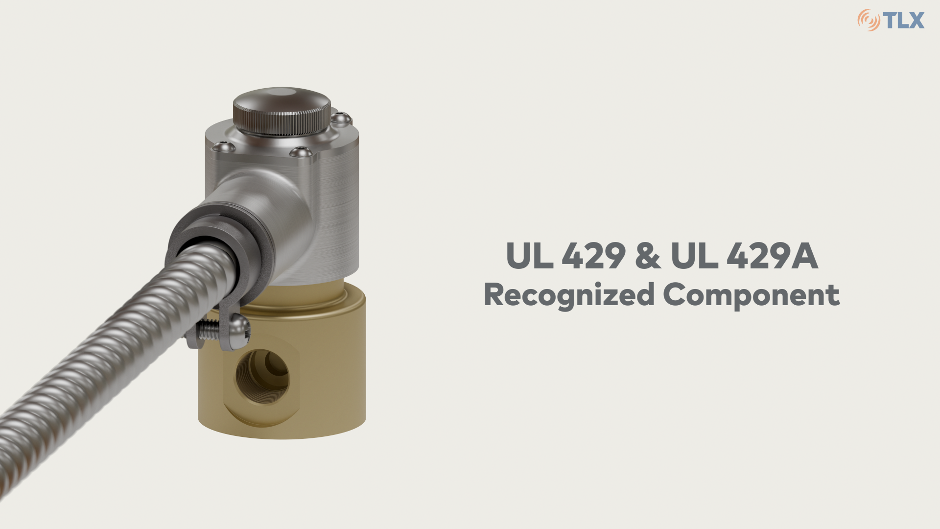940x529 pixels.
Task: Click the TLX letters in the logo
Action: pos(904,21)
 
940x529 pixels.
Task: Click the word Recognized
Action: pos(569,295)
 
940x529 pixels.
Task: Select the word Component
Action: pos(751,295)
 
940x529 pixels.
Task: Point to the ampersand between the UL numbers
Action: pos(648,256)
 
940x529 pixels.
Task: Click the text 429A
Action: pos(772,256)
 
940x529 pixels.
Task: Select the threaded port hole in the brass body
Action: pos(262,376)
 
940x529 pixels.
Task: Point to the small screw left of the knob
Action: pos(223,146)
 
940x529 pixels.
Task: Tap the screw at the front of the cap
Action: pos(301,152)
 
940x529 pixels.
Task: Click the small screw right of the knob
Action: pos(341,118)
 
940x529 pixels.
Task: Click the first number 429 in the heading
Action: pos(593,256)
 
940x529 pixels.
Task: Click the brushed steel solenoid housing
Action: pos(323,206)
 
